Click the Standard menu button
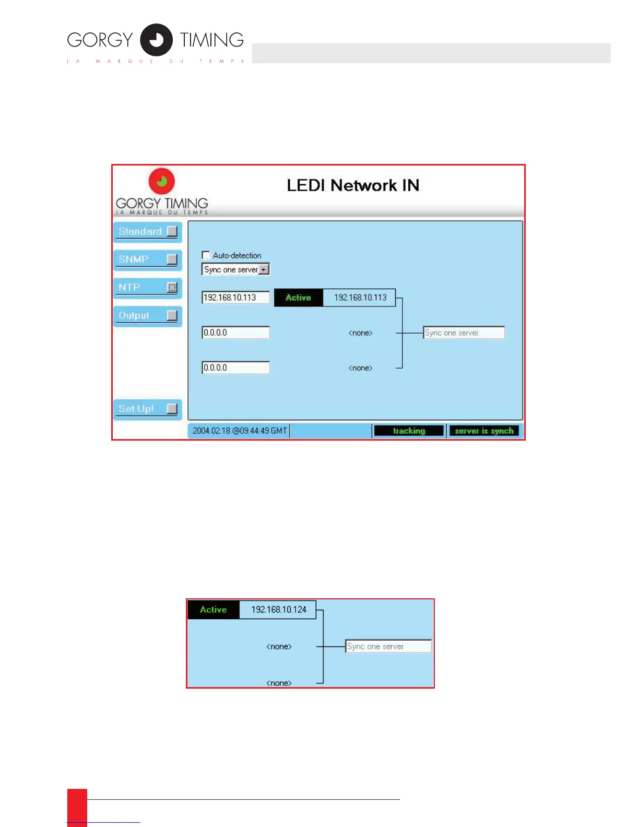coord(147,231)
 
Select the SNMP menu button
coord(147,259)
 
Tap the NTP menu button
coord(147,287)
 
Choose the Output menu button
coord(147,315)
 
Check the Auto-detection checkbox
coord(206,255)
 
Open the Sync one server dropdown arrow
coord(264,269)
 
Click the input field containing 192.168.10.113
coord(235,298)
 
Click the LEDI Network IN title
coord(353,185)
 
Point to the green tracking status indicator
coord(409,431)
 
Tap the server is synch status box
coord(484,431)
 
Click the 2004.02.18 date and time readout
coord(239,431)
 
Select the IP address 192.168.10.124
coord(278,610)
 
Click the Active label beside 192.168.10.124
coord(214,610)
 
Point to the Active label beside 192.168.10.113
coord(298,298)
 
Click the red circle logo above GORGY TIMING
coord(162,181)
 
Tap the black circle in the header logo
coord(156,40)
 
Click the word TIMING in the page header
coord(212,40)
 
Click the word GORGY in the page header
coord(100,40)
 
